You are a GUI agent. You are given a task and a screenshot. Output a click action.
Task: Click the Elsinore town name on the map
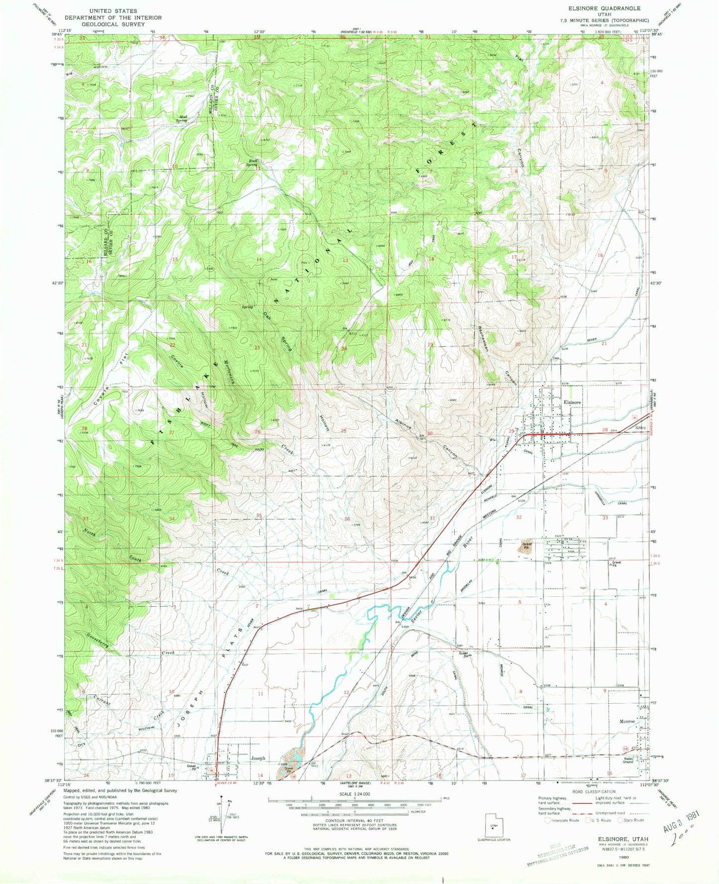pyautogui.click(x=572, y=402)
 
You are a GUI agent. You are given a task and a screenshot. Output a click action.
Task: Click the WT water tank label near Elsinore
pyautogui.click(x=492, y=440)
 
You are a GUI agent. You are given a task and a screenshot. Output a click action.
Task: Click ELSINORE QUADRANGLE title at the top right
pyautogui.click(x=614, y=8)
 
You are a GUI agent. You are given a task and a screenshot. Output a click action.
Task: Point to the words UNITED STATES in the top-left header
pyautogui.click(x=112, y=10)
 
